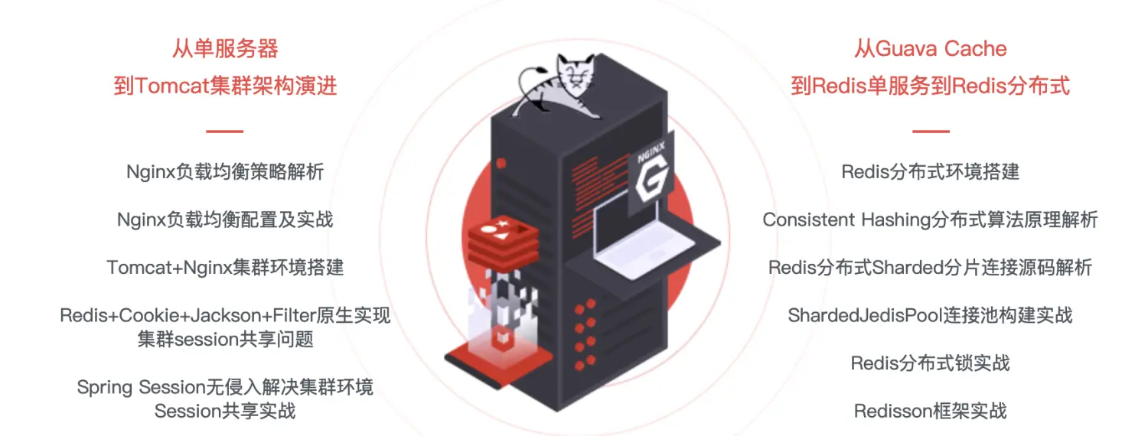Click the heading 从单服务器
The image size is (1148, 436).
tap(225, 49)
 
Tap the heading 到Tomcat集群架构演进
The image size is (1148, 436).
tap(225, 85)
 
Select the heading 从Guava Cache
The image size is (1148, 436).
tap(930, 49)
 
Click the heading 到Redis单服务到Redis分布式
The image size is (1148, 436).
tap(930, 85)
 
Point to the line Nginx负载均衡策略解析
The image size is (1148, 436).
tap(225, 171)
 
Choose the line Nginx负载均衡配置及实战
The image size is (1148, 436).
tap(225, 220)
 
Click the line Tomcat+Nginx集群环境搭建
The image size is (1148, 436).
tap(225, 267)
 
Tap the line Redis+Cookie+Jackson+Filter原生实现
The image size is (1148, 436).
tap(225, 315)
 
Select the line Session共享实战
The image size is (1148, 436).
tap(225, 411)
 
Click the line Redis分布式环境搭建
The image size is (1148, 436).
tap(930, 171)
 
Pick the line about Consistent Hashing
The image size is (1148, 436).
tap(930, 220)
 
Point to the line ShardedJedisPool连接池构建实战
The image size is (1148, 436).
tap(930, 315)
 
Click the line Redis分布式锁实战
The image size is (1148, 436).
tap(930, 363)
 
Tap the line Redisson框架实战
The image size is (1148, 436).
tap(930, 411)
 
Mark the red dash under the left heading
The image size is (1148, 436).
tap(225, 131)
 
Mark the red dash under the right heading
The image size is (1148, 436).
tap(930, 131)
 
